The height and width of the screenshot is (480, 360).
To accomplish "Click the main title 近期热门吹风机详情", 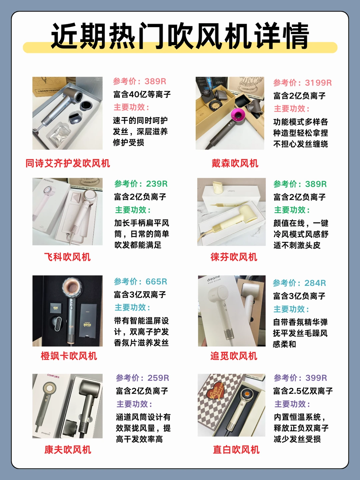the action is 180,36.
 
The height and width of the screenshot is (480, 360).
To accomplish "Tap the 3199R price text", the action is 318,83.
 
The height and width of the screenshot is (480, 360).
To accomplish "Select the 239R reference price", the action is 157,184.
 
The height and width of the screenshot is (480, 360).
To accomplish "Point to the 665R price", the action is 156,282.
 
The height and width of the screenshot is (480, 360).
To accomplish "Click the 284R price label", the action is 315,283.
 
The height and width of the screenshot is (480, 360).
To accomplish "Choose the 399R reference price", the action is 316,378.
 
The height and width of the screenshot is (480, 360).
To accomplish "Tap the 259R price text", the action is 158,378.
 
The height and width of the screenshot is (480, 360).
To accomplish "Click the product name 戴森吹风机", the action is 235,163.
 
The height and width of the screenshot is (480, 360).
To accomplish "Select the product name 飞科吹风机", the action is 67,257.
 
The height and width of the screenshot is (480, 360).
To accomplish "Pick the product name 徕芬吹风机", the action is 234,257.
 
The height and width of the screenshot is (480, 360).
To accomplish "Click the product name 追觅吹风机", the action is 234,356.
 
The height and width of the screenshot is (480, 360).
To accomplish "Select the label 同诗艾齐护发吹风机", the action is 68,163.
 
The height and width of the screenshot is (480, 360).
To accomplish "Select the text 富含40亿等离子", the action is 142,95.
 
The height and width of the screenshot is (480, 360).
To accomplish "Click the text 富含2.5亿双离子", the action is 303,391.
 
